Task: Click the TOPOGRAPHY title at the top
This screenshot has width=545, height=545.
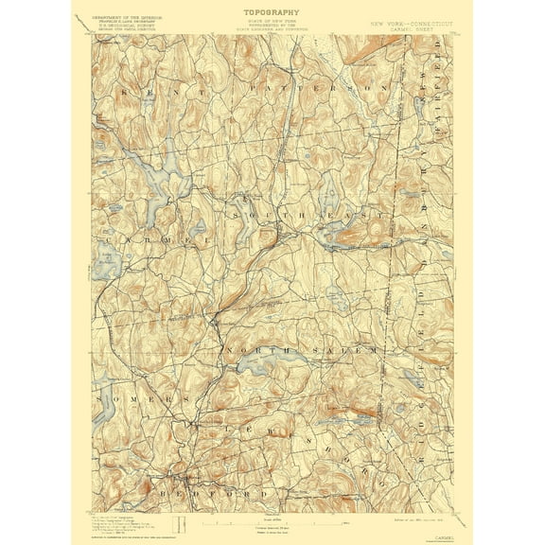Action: point(272,12)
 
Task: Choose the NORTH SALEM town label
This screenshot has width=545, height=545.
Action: point(303,350)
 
